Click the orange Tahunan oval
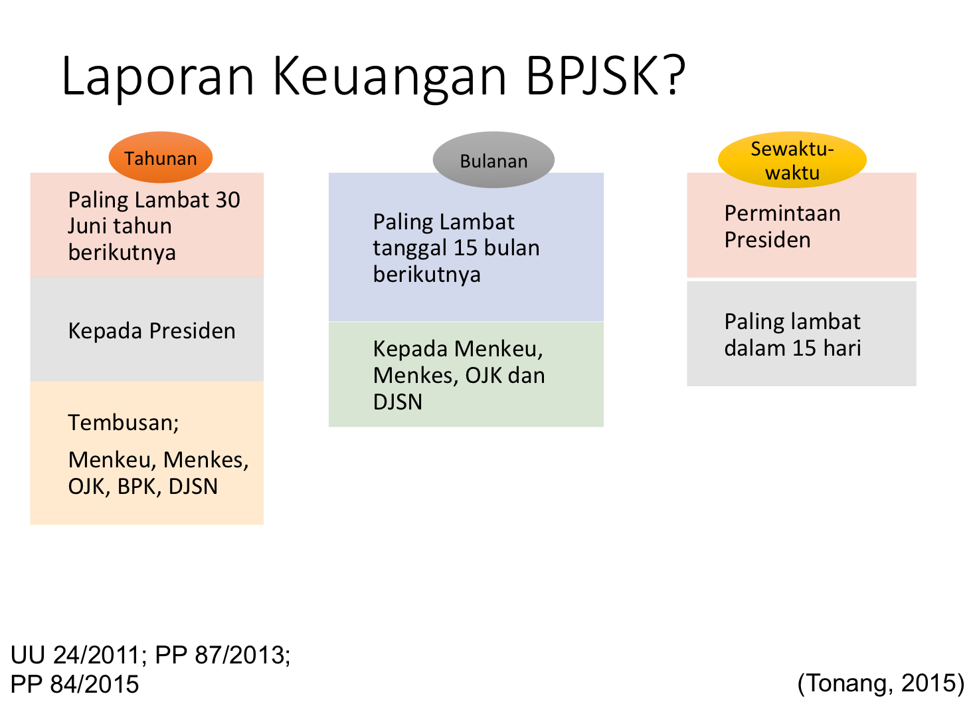pyautogui.click(x=161, y=158)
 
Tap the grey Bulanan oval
pyautogui.click(x=493, y=161)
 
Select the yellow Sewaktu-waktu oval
pyautogui.click(x=792, y=160)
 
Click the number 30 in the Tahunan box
pyautogui.click(x=227, y=200)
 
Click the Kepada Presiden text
pyautogui.click(x=151, y=331)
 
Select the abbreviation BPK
pyautogui.click(x=136, y=487)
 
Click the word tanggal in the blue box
pyautogui.click(x=410, y=249)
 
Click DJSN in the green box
pyautogui.click(x=398, y=402)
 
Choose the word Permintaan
pyautogui.click(x=782, y=213)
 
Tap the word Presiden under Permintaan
pyautogui.click(x=767, y=240)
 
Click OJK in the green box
pyautogui.click(x=484, y=376)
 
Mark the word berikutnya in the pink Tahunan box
pyautogui.click(x=122, y=253)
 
